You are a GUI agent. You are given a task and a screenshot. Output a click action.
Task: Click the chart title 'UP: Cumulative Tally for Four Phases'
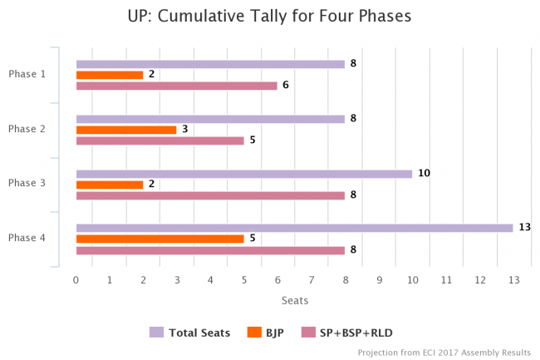coord(269,16)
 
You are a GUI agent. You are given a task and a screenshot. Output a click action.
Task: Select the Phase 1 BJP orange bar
coord(110,75)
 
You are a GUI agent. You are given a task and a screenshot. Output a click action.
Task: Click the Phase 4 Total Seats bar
coord(294,228)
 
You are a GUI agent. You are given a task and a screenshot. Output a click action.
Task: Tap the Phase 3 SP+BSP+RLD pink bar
coord(210,195)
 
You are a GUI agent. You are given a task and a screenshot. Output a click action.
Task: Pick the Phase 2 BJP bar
coord(126,130)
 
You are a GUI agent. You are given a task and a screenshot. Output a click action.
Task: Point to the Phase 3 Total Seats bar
coord(243,174)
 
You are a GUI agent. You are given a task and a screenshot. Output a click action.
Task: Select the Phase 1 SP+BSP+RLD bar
coord(176,86)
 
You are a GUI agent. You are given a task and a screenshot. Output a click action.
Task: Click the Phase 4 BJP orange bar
coord(160,239)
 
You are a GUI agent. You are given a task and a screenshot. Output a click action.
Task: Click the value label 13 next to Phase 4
coord(524,227)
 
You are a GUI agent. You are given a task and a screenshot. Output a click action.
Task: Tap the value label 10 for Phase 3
coord(424,173)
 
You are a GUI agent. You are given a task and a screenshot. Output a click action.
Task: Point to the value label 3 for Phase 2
coord(184,129)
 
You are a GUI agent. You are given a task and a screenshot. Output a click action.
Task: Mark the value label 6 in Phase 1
coord(286,85)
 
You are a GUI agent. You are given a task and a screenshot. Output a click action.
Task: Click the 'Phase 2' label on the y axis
coord(27,129)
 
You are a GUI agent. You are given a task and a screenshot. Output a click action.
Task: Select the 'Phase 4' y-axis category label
coord(27,238)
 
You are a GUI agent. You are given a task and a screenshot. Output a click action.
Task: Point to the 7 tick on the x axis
coord(312,280)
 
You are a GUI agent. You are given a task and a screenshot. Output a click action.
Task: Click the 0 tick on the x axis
coord(76,280)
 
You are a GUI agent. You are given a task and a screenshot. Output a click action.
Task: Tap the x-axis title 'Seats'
coord(294,302)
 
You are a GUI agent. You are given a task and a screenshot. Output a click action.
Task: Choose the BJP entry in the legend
coord(267,333)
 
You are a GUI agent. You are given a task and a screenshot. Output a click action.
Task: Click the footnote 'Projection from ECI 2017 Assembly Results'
coord(444,353)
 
